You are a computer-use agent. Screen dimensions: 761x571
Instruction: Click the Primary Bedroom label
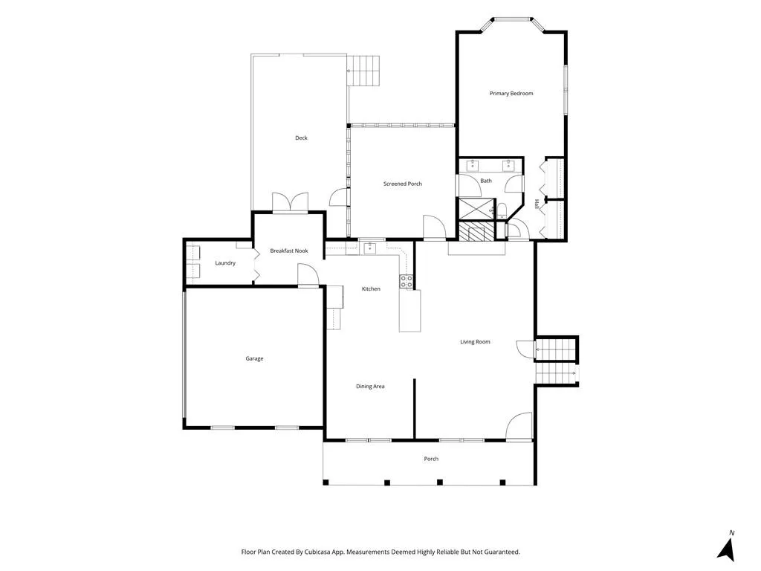(x=511, y=93)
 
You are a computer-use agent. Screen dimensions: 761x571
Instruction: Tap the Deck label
(x=301, y=138)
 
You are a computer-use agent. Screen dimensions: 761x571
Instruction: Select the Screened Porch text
(x=402, y=184)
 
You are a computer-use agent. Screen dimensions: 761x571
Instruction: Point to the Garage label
(x=254, y=358)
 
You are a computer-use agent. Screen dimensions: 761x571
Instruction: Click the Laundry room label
(x=225, y=262)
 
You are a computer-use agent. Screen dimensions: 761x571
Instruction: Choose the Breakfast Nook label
(x=289, y=251)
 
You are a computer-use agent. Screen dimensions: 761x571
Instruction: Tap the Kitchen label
(x=371, y=289)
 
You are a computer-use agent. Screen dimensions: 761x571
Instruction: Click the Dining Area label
(x=370, y=387)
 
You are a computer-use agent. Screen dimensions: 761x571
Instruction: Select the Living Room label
(x=475, y=342)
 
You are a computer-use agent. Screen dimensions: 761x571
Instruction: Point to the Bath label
(x=486, y=181)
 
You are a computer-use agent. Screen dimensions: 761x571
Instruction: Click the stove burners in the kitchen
(x=407, y=281)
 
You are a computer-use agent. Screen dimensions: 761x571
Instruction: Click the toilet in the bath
(x=502, y=210)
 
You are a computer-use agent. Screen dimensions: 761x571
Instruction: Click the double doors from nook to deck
(x=291, y=202)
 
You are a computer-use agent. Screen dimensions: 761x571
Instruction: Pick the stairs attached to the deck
(x=363, y=71)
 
